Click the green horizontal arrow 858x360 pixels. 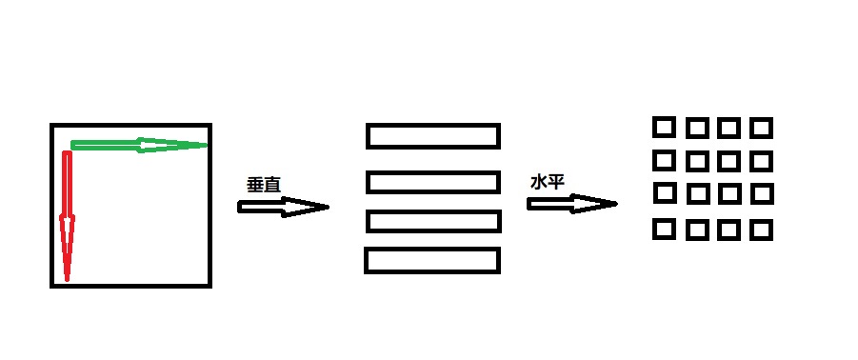pyautogui.click(x=138, y=145)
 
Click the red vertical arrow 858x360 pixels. pyautogui.click(x=67, y=214)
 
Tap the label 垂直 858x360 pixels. pyautogui.click(x=263, y=184)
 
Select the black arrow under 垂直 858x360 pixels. pyautogui.click(x=283, y=207)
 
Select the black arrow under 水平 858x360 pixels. pyautogui.click(x=571, y=203)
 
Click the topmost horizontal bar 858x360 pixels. pyautogui.click(x=433, y=136)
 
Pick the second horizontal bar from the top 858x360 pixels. pyautogui.click(x=433, y=181)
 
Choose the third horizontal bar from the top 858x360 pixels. pyautogui.click(x=433, y=221)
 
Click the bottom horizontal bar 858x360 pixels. pyautogui.click(x=432, y=260)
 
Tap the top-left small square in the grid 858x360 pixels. pyautogui.click(x=664, y=127)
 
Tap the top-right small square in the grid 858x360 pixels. pyautogui.click(x=761, y=128)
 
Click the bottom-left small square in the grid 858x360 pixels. pyautogui.click(x=665, y=230)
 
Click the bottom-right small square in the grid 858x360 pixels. pyautogui.click(x=761, y=230)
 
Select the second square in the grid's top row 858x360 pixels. pyautogui.click(x=697, y=128)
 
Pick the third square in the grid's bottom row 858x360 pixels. pyautogui.click(x=728, y=230)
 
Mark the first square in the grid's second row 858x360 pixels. pyautogui.click(x=664, y=159)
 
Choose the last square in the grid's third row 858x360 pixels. pyautogui.click(x=761, y=194)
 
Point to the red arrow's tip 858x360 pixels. pyautogui.click(x=67, y=279)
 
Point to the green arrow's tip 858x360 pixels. pyautogui.click(x=205, y=145)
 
